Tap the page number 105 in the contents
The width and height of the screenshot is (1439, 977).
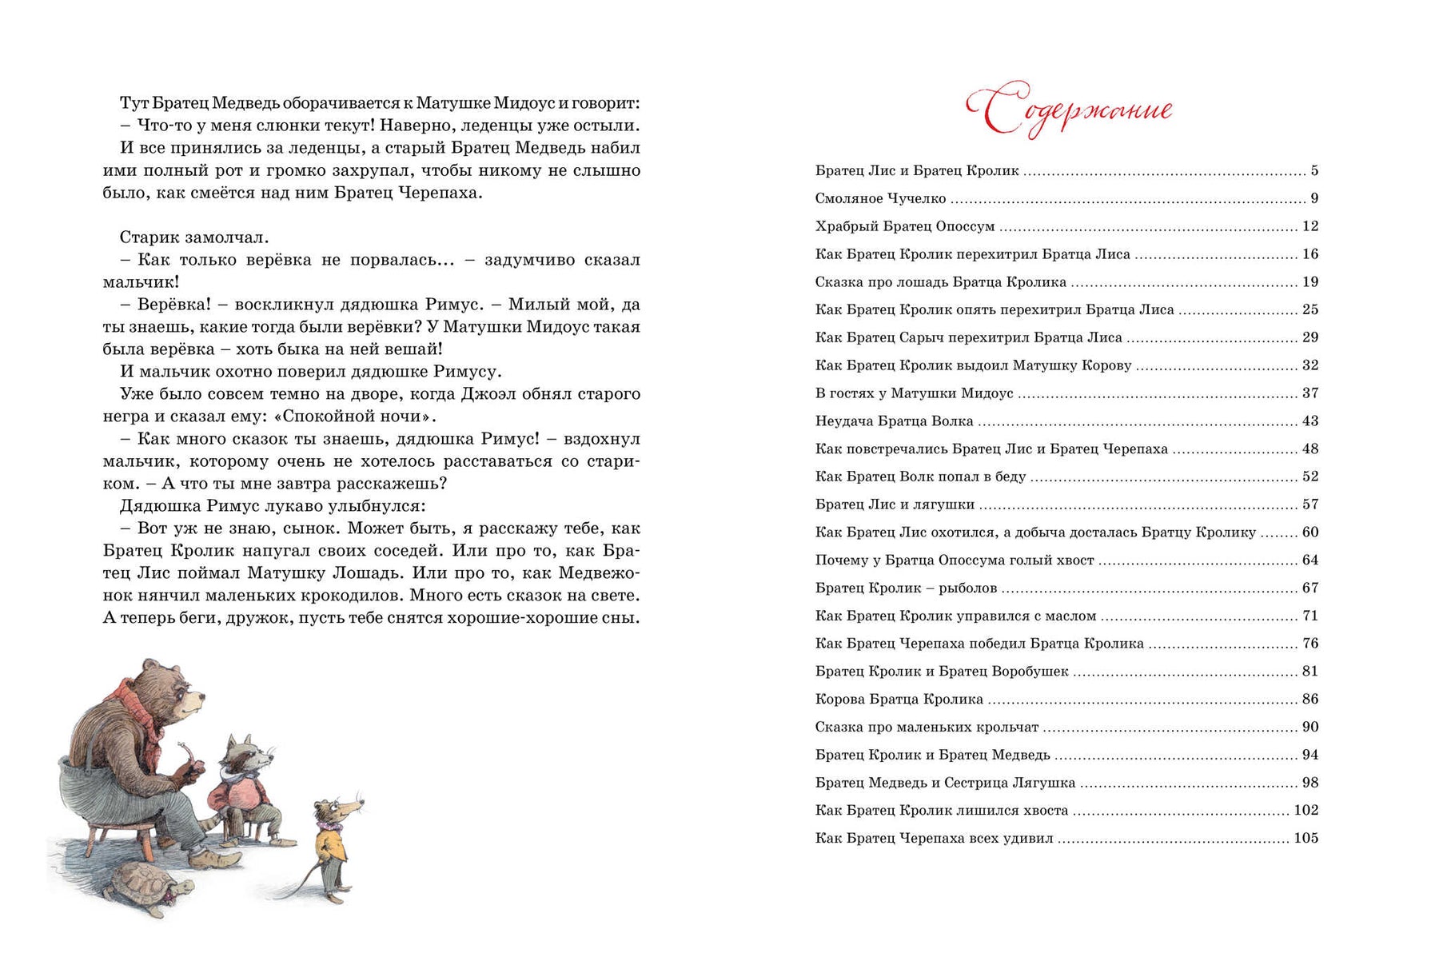(1305, 838)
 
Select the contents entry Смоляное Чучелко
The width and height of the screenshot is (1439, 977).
(880, 198)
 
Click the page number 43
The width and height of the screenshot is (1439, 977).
(1309, 421)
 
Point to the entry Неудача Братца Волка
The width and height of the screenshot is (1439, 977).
(894, 421)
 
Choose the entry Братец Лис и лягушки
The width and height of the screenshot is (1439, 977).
(895, 504)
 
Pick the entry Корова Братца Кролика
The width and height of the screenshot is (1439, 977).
(899, 700)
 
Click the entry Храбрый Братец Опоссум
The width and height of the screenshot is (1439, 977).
(905, 226)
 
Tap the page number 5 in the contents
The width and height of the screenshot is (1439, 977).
(1314, 171)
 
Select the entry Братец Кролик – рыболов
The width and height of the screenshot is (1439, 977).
(906, 588)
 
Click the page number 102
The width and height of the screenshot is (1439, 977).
(1305, 810)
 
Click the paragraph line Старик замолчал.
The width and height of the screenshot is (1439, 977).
(194, 237)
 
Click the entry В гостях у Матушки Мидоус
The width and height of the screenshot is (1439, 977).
(914, 393)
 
